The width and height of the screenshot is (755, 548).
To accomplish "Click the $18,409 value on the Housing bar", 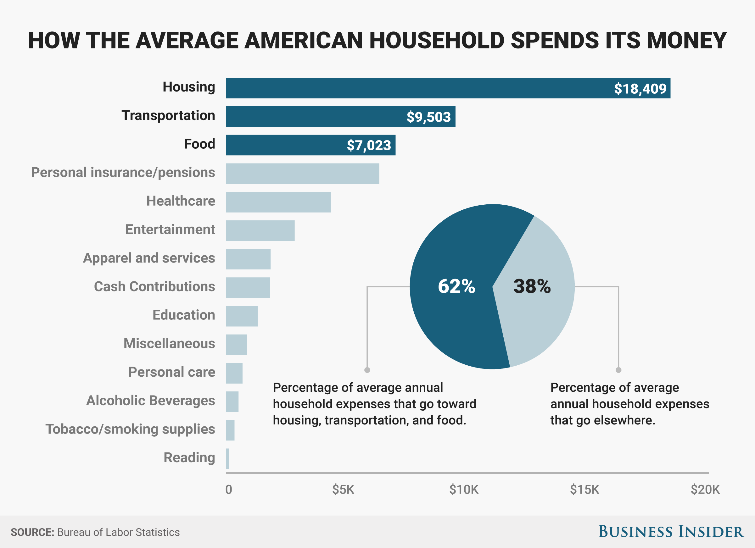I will (x=640, y=89).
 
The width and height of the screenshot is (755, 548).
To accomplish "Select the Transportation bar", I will (x=340, y=116).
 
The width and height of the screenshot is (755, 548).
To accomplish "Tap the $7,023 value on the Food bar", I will (x=368, y=145).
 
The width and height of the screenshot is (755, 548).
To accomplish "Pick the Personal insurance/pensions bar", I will (x=302, y=173).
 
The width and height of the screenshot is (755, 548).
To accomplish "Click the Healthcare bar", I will (x=278, y=202).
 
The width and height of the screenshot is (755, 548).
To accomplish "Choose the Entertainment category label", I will (x=170, y=230).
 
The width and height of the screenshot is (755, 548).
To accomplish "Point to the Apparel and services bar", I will (x=248, y=259).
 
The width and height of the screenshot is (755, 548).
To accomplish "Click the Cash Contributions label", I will (x=154, y=286).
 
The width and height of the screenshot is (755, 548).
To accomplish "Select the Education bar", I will (x=242, y=316).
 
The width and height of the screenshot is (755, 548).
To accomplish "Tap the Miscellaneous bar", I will (x=236, y=345).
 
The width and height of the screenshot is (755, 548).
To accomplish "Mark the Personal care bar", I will (x=234, y=373).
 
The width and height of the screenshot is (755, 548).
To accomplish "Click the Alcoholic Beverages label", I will (x=150, y=401).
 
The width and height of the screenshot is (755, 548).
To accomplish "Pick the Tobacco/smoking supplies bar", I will (x=230, y=430).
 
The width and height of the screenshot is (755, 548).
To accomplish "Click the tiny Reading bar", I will (x=227, y=458).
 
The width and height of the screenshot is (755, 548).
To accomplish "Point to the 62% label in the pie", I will (x=456, y=286).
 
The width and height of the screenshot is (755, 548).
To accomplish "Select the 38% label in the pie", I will (x=532, y=286).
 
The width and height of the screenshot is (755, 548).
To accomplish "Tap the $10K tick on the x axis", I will (x=464, y=490).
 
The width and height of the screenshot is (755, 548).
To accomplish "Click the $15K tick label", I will (x=584, y=490).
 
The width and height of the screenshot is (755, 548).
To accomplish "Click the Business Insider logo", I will (x=670, y=531).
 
